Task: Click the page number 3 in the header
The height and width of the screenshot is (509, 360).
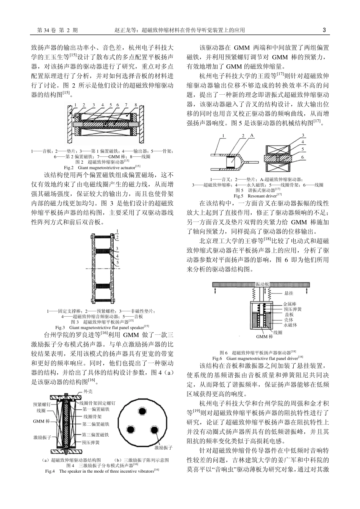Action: click(324, 30)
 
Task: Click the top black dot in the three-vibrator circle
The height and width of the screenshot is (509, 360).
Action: click(143, 411)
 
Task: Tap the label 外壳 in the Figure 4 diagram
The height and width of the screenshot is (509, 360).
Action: click(88, 392)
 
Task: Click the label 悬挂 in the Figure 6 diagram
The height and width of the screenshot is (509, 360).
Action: click(288, 293)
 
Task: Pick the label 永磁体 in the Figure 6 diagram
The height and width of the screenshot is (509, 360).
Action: click(290, 325)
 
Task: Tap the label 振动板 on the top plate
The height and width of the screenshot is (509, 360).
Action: click(262, 284)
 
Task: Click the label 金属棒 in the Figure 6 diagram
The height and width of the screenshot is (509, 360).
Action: click(290, 304)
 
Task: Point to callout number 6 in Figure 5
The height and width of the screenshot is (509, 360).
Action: click(302, 156)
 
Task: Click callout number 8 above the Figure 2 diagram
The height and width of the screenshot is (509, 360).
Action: click(136, 105)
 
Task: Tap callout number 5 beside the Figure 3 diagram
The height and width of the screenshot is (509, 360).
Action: click(118, 262)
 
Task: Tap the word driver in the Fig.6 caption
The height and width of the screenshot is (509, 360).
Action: click(291, 358)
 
